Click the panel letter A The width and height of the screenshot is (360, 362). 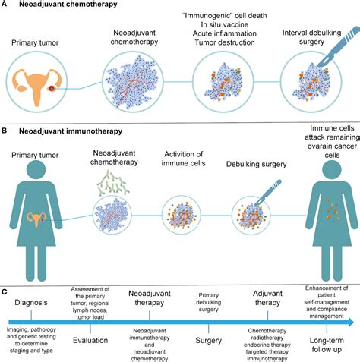(6, 6)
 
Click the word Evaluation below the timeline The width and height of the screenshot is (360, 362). (90, 330)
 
